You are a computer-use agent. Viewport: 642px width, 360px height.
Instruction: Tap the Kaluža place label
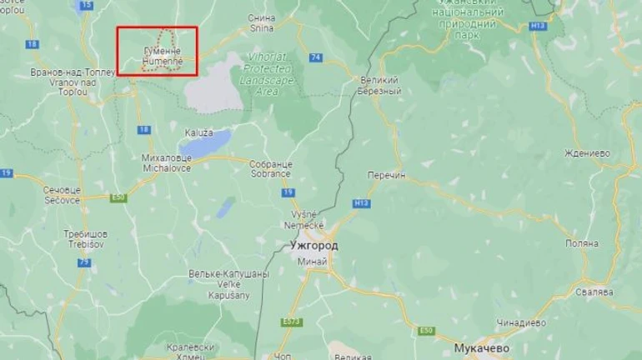[x=199, y=132]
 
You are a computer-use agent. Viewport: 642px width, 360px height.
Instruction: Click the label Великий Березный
[x=380, y=87]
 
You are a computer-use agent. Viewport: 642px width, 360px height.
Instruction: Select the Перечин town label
[x=384, y=176]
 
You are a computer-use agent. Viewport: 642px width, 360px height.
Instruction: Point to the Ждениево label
[x=587, y=154]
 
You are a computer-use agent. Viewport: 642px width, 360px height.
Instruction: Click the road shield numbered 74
[x=314, y=57]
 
